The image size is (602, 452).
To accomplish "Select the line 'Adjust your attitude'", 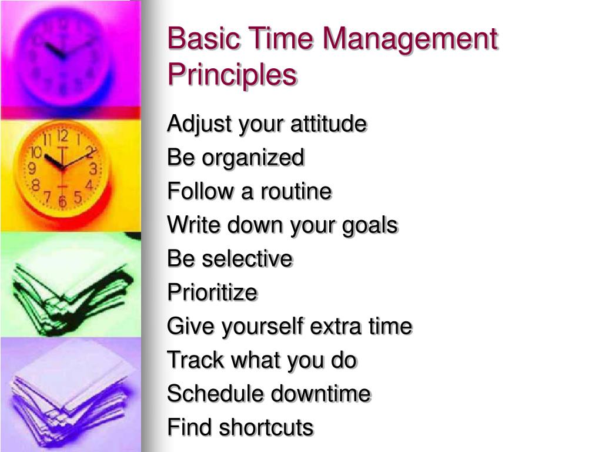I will [x=267, y=125].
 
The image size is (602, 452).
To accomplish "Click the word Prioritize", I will [x=212, y=293].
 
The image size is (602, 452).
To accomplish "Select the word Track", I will [x=191, y=360].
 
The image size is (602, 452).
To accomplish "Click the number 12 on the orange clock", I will [x=63, y=137].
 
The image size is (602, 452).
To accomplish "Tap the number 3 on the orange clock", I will [x=93, y=169].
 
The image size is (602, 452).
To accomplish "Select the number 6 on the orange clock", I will [x=62, y=202].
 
